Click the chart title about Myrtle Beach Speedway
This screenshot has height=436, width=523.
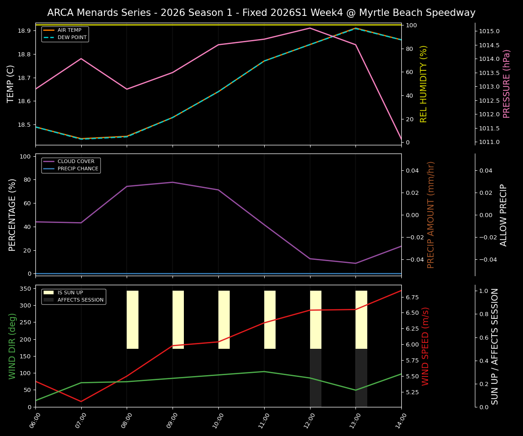pos(261,13)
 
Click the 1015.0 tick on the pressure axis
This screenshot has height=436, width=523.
pos(489,31)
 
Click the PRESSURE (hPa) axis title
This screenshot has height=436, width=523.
pos(507,84)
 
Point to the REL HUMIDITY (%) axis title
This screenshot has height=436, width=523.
pos(424,84)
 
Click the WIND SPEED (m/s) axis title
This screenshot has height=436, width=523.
pos(425,346)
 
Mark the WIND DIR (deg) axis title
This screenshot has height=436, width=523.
pos(12,346)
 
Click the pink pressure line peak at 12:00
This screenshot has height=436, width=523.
pos(310,28)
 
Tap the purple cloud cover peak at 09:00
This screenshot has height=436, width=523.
pos(173,182)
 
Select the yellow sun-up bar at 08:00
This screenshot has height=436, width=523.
pos(133,320)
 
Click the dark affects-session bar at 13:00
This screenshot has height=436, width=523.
pos(361,378)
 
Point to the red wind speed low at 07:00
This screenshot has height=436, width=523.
pos(81,401)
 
